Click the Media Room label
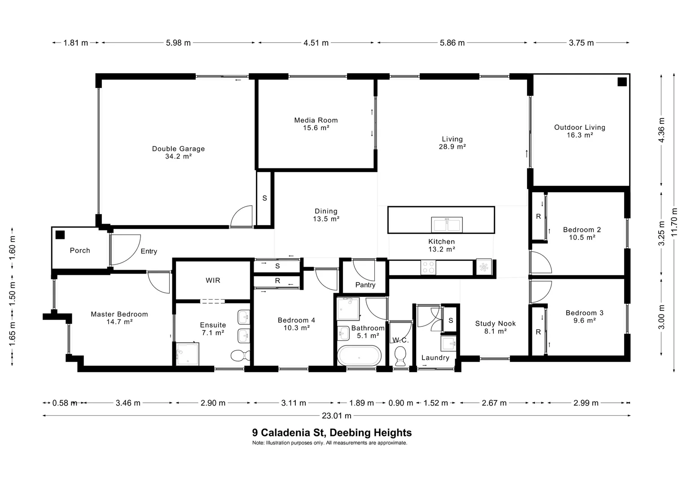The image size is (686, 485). (316, 120)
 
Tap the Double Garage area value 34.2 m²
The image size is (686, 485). (178, 156)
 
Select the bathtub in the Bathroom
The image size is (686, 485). (359, 356)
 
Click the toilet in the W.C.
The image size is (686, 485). (400, 356)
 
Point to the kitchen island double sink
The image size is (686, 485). (447, 225)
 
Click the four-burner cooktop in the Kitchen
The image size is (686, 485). (428, 267)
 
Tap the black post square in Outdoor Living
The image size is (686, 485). (622, 82)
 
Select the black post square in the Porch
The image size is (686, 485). (60, 235)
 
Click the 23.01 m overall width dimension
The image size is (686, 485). (336, 416)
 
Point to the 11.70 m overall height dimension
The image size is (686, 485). (674, 222)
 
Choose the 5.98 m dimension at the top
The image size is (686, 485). (178, 43)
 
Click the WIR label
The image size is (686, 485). (213, 280)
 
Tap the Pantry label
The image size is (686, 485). (365, 285)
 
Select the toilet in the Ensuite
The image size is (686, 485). (240, 356)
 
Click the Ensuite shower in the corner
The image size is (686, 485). (187, 354)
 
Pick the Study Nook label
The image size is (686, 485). (495, 323)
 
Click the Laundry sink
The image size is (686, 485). (449, 344)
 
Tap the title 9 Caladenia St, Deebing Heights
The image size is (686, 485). (332, 432)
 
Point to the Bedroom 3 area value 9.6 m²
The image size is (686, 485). (585, 321)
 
